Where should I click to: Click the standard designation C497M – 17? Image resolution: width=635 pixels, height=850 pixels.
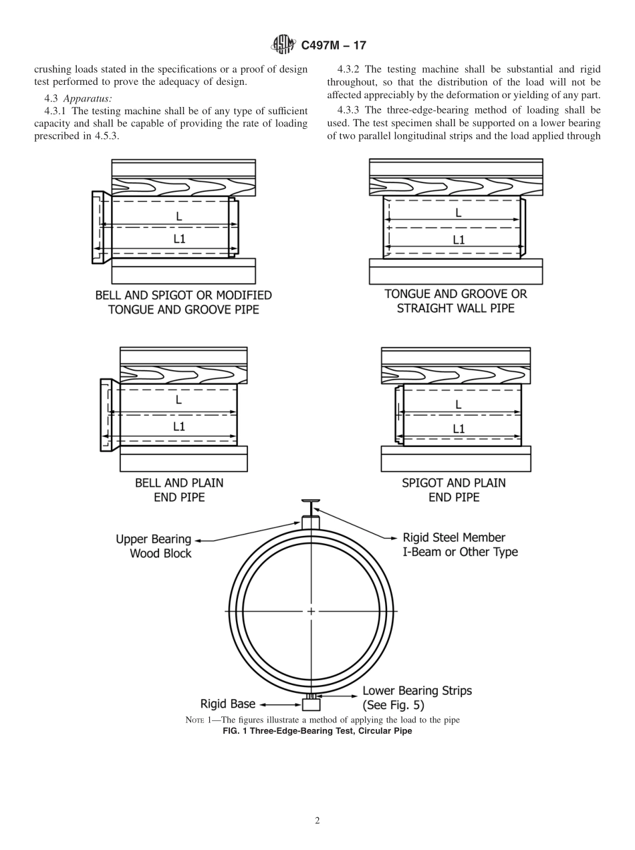[334, 45]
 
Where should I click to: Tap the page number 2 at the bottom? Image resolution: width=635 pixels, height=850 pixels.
[317, 821]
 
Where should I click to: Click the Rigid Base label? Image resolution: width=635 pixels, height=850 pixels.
[228, 704]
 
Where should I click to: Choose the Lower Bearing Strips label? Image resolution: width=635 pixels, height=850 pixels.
[416, 697]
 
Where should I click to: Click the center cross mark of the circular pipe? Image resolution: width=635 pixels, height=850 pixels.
[311, 611]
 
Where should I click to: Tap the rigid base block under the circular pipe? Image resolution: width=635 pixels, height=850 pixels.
[311, 704]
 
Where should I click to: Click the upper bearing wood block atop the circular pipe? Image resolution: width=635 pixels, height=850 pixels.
[311, 523]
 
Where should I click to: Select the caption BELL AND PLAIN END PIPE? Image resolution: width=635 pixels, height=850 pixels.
[179, 490]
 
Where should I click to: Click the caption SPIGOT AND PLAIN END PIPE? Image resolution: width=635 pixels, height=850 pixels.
[454, 490]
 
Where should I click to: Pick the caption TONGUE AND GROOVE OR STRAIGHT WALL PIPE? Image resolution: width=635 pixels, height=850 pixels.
[455, 301]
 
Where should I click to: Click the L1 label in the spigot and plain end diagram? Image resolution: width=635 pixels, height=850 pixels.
[459, 429]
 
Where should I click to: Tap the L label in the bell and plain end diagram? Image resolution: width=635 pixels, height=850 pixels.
[178, 400]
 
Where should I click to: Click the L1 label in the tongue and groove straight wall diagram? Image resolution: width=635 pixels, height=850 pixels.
[459, 239]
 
